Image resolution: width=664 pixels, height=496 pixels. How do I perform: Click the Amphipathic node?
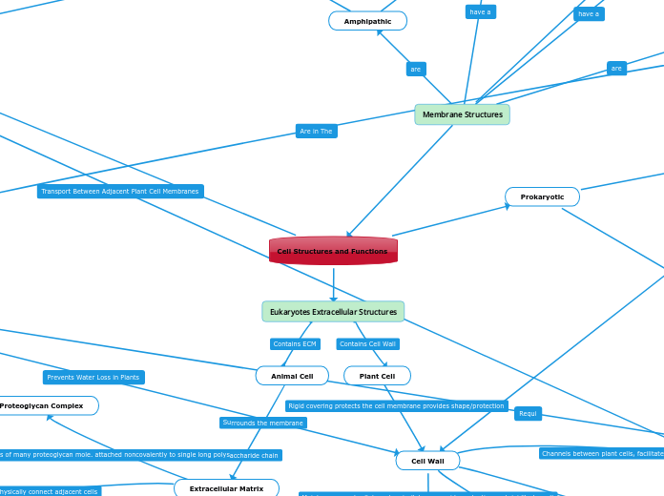[x=367, y=21]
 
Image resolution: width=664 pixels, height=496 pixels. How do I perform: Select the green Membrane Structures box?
[x=462, y=114]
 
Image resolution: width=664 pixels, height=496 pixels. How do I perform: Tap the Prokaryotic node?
[x=542, y=196]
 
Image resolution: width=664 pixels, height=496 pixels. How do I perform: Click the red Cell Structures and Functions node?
[x=333, y=251]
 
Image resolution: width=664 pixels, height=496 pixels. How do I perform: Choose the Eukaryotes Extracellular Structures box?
[x=333, y=312]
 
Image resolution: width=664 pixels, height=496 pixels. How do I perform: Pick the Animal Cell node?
[x=292, y=376]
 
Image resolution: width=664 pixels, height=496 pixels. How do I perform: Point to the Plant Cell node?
[x=377, y=376]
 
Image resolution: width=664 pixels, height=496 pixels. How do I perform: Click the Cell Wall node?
[x=427, y=461]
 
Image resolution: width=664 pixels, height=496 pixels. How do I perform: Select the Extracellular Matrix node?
[x=226, y=488]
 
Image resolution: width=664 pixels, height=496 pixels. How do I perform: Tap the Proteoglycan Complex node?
[x=43, y=405]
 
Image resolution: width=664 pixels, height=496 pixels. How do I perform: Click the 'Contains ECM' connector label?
[x=295, y=343]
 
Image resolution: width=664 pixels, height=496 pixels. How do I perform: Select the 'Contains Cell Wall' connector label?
[x=367, y=343]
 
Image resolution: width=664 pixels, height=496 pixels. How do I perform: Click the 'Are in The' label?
[x=316, y=132]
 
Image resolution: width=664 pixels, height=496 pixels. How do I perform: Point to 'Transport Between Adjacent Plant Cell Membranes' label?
[x=120, y=192]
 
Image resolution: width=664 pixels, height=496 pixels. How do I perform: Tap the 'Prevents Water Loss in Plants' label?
[x=93, y=378]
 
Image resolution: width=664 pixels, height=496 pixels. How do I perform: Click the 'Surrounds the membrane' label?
[x=263, y=423]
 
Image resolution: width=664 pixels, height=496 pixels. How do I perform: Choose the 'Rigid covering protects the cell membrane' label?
[x=396, y=406]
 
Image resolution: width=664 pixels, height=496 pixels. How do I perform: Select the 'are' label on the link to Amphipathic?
[x=416, y=70]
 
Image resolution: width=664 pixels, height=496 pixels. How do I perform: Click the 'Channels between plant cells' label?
[x=601, y=454]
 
